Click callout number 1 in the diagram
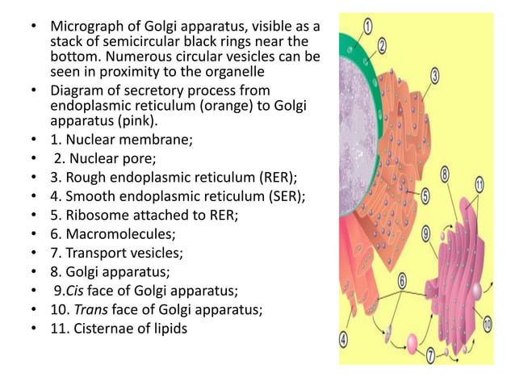click(368, 26)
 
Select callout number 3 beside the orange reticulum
click(434, 76)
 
